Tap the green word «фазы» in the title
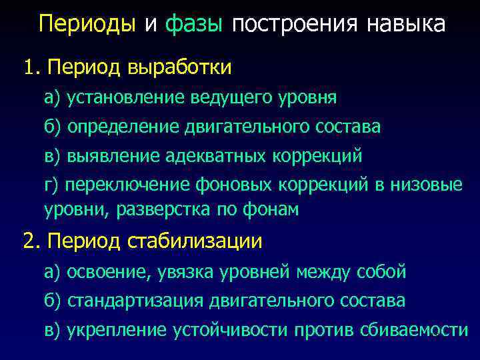pyautogui.click(x=193, y=25)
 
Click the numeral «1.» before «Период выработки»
pyautogui.click(x=32, y=67)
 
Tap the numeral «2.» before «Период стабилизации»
pyautogui.click(x=32, y=241)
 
